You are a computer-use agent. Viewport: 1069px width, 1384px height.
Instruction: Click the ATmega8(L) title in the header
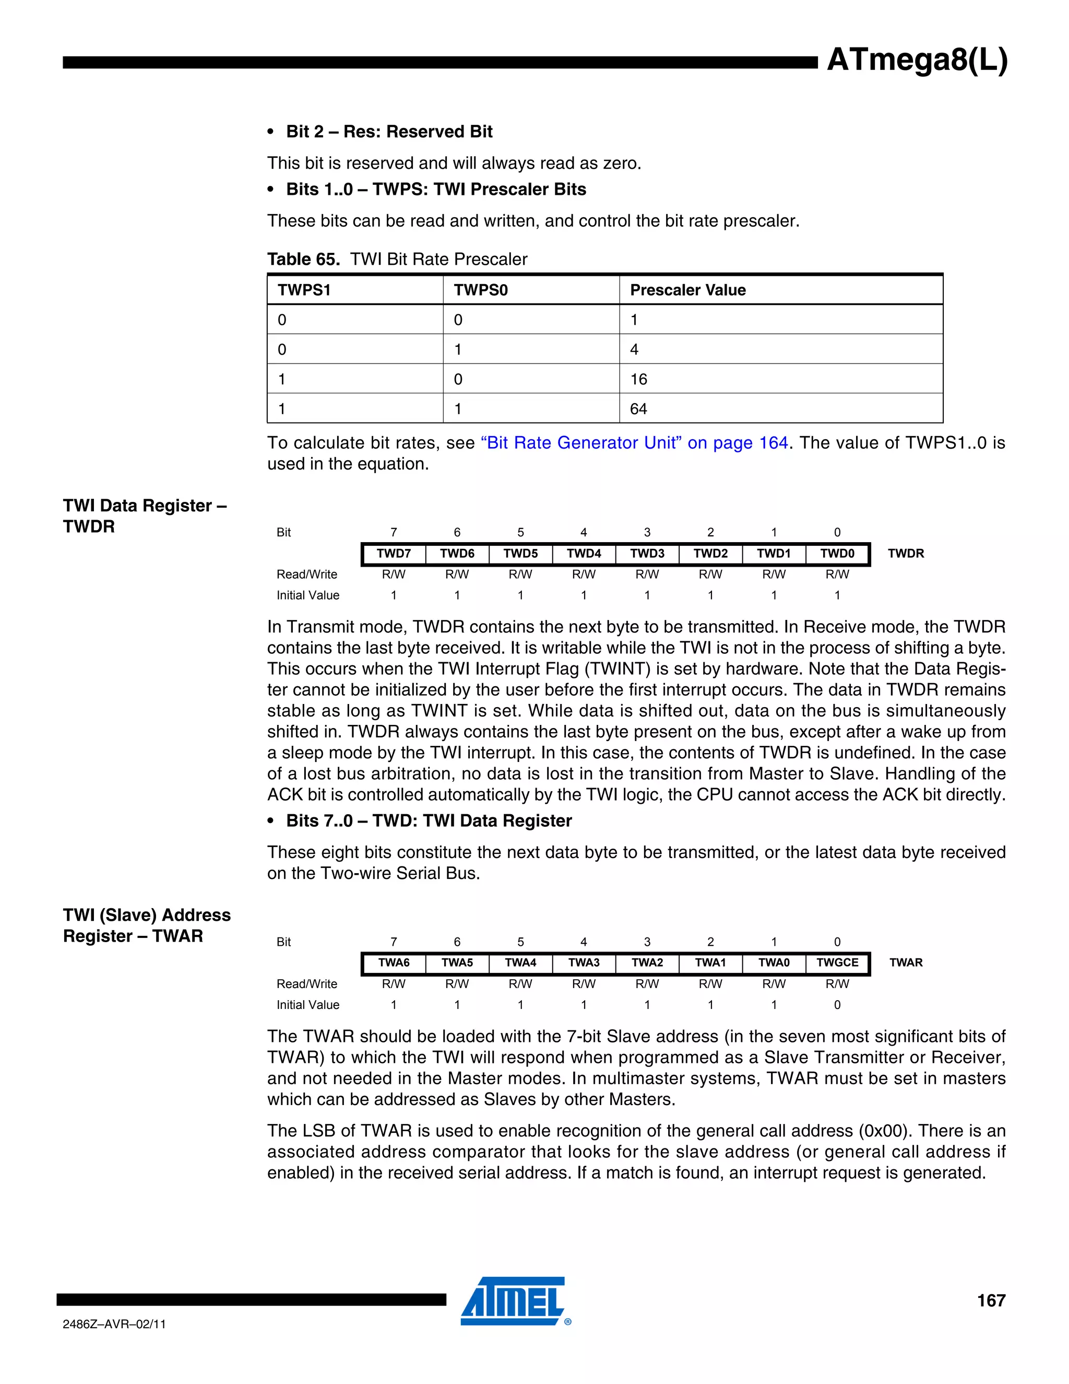click(917, 60)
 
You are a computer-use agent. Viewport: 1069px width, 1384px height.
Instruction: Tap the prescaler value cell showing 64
click(638, 409)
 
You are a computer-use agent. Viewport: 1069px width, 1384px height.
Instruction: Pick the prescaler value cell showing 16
click(638, 379)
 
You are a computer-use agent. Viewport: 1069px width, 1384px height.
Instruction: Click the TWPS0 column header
click(481, 290)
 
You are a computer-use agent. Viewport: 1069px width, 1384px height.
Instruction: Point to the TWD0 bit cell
click(837, 553)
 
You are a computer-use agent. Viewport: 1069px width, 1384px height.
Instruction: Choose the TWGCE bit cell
click(837, 963)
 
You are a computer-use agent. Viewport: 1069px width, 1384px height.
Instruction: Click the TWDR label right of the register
click(906, 553)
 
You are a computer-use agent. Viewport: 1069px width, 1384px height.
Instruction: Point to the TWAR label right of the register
click(906, 963)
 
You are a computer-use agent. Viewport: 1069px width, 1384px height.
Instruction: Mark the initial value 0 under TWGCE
click(837, 1004)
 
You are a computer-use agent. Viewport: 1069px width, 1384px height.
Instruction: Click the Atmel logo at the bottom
click(513, 1301)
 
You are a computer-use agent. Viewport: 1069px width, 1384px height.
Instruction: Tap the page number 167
click(991, 1300)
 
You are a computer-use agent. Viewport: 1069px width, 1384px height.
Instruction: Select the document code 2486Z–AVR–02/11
click(114, 1324)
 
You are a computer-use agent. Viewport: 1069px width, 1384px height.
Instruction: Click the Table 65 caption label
click(303, 259)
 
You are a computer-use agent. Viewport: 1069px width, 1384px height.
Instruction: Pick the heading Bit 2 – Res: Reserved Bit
click(389, 132)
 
